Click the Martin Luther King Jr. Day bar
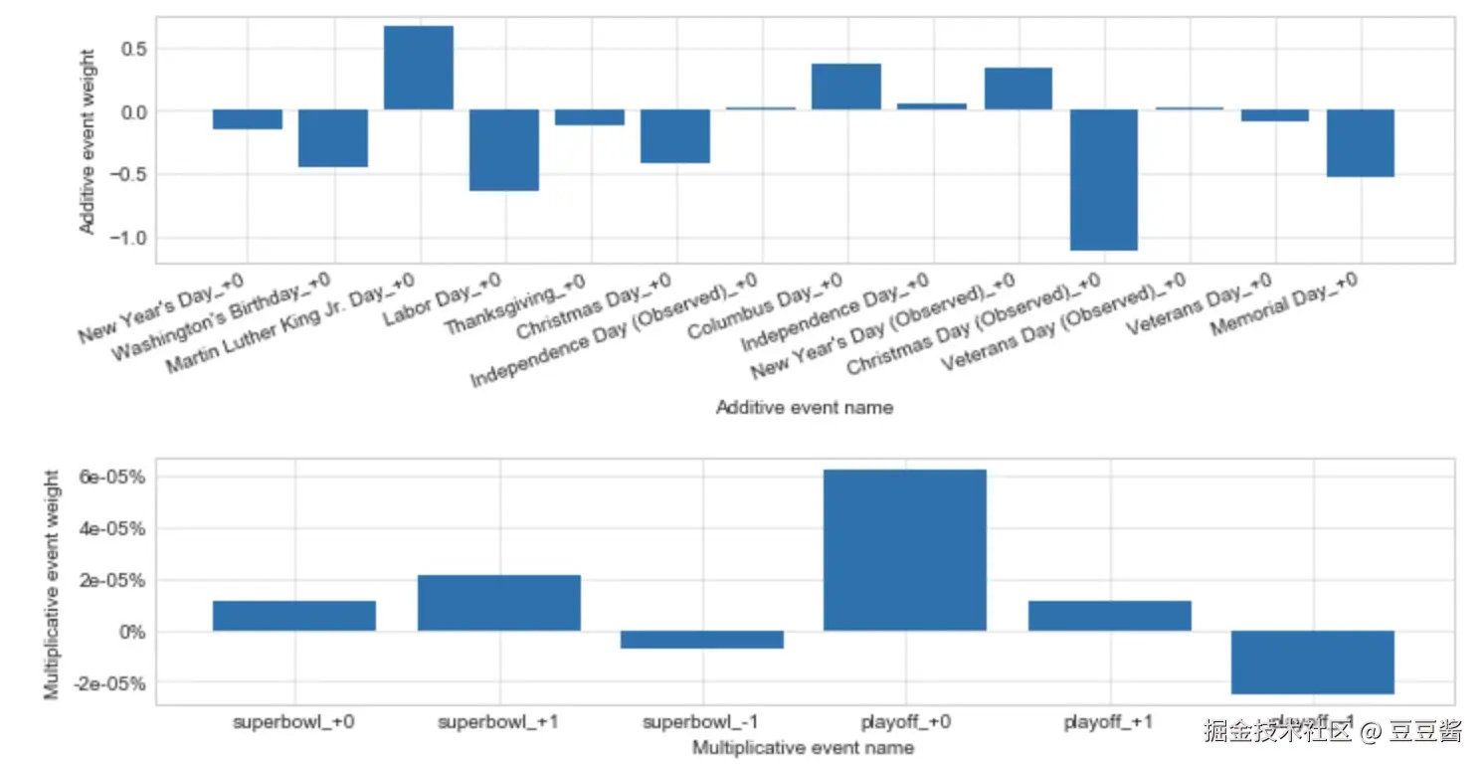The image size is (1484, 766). coord(418,68)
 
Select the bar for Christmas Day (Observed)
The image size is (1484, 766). coord(1104,179)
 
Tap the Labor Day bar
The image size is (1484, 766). coord(504,149)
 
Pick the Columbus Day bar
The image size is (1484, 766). coord(846,87)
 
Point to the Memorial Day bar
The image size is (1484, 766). coord(1361,143)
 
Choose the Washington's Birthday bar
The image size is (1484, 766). coord(333,138)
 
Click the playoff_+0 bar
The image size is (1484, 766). coord(905,549)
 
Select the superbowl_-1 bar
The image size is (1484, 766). coord(702,640)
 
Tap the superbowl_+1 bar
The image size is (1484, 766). coord(499,602)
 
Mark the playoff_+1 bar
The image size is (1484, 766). coord(1109,615)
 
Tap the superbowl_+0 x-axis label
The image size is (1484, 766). coord(294,722)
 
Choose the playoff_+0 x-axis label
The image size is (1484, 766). coord(905,722)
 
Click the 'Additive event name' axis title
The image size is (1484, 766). coord(804,408)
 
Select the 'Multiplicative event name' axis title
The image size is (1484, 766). coord(804,747)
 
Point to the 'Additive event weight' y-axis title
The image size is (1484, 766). coord(88,141)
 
